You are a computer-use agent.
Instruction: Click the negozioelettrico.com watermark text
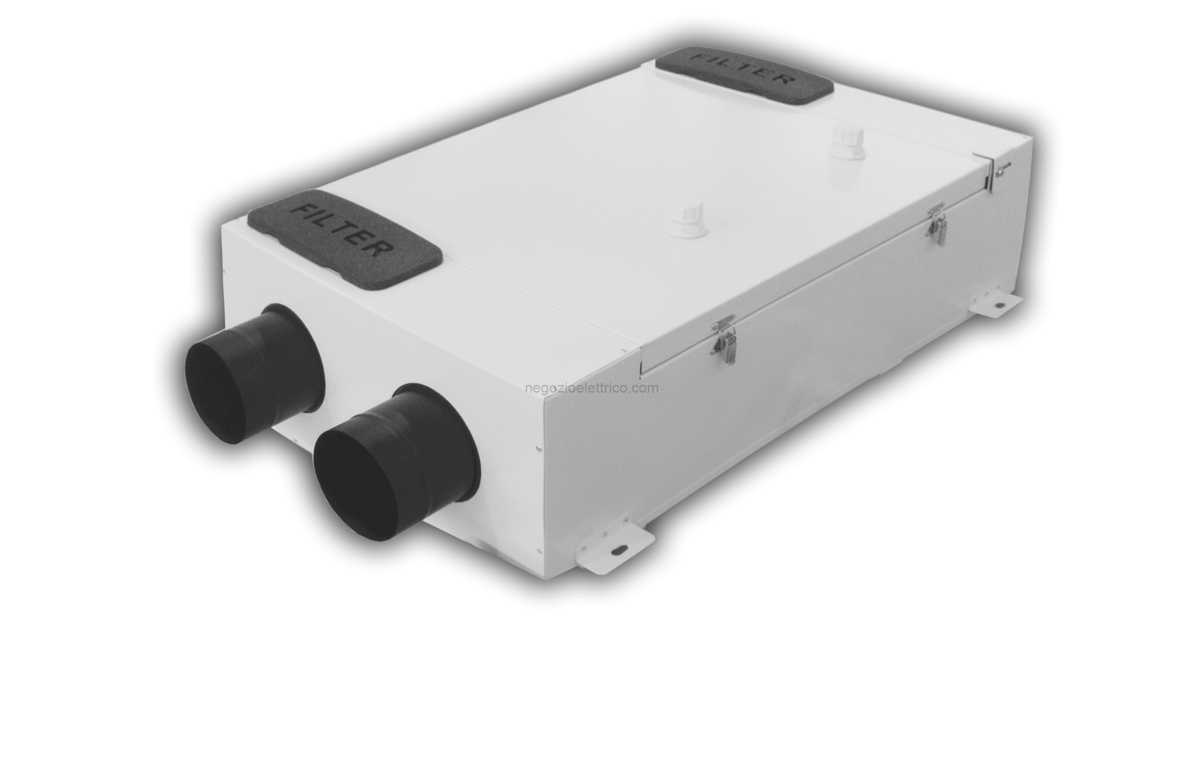click(x=592, y=388)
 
